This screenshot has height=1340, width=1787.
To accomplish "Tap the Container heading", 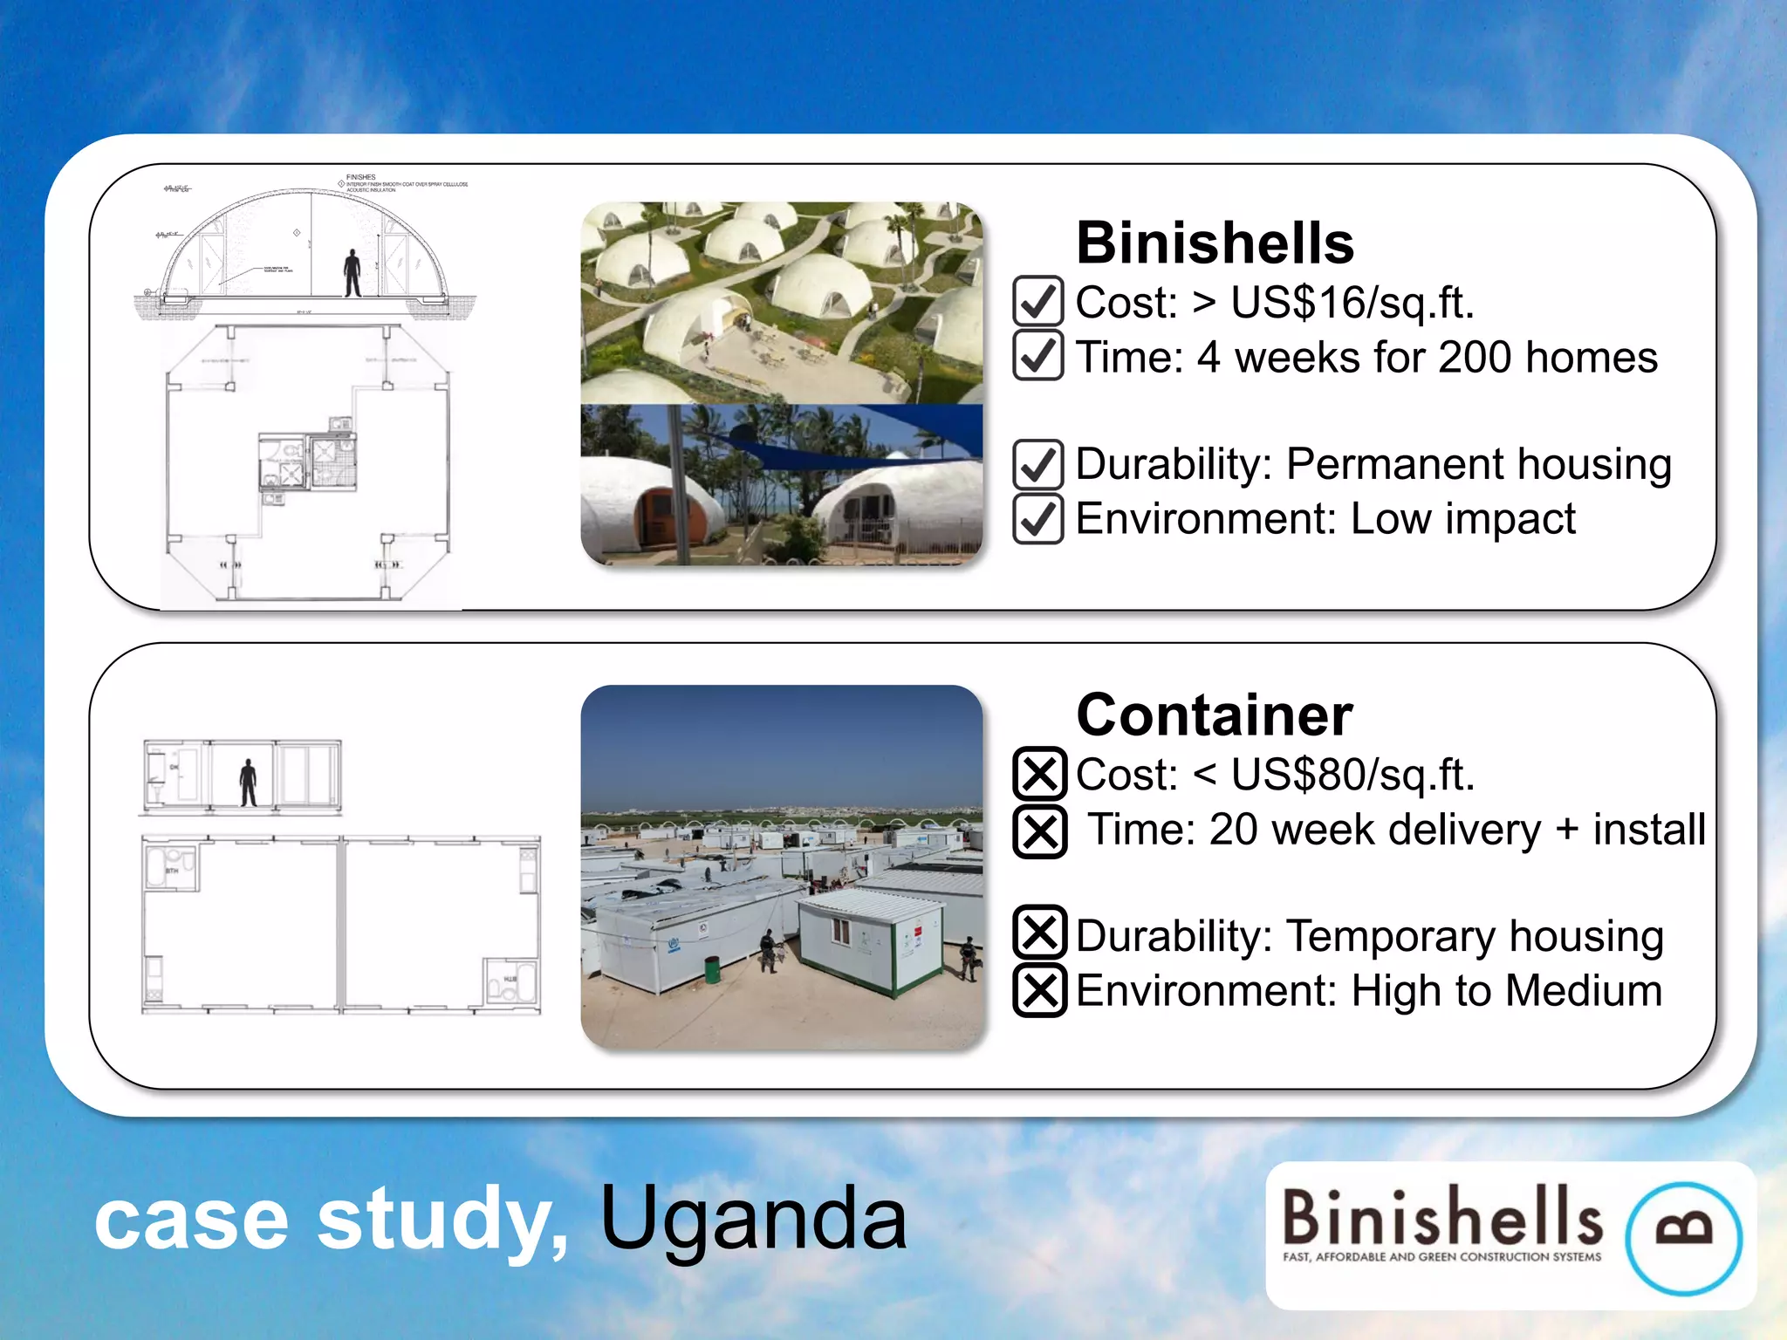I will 1215,715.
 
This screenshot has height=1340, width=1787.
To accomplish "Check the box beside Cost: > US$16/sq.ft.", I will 1038,301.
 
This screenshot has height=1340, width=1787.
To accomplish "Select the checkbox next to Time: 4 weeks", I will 1038,355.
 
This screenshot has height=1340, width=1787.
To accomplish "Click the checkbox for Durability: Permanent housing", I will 1038,464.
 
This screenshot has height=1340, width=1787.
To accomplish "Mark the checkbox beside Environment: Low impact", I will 1038,518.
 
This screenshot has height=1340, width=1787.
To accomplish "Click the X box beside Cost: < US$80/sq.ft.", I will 1040,773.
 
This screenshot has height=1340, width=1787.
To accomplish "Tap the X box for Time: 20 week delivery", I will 1040,831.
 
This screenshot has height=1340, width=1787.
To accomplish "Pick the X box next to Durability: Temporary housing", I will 1040,933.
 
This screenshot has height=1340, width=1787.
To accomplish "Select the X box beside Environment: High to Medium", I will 1040,990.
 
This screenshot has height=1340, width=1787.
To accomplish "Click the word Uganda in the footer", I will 754,1220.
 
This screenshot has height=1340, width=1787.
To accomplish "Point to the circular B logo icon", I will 1683,1237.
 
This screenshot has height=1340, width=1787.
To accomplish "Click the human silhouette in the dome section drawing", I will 352,273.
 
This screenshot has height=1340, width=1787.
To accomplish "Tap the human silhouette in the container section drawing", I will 249,783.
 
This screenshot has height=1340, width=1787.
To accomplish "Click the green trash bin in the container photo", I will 712,969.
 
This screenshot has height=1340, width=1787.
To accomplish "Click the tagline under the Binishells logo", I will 1441,1257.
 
